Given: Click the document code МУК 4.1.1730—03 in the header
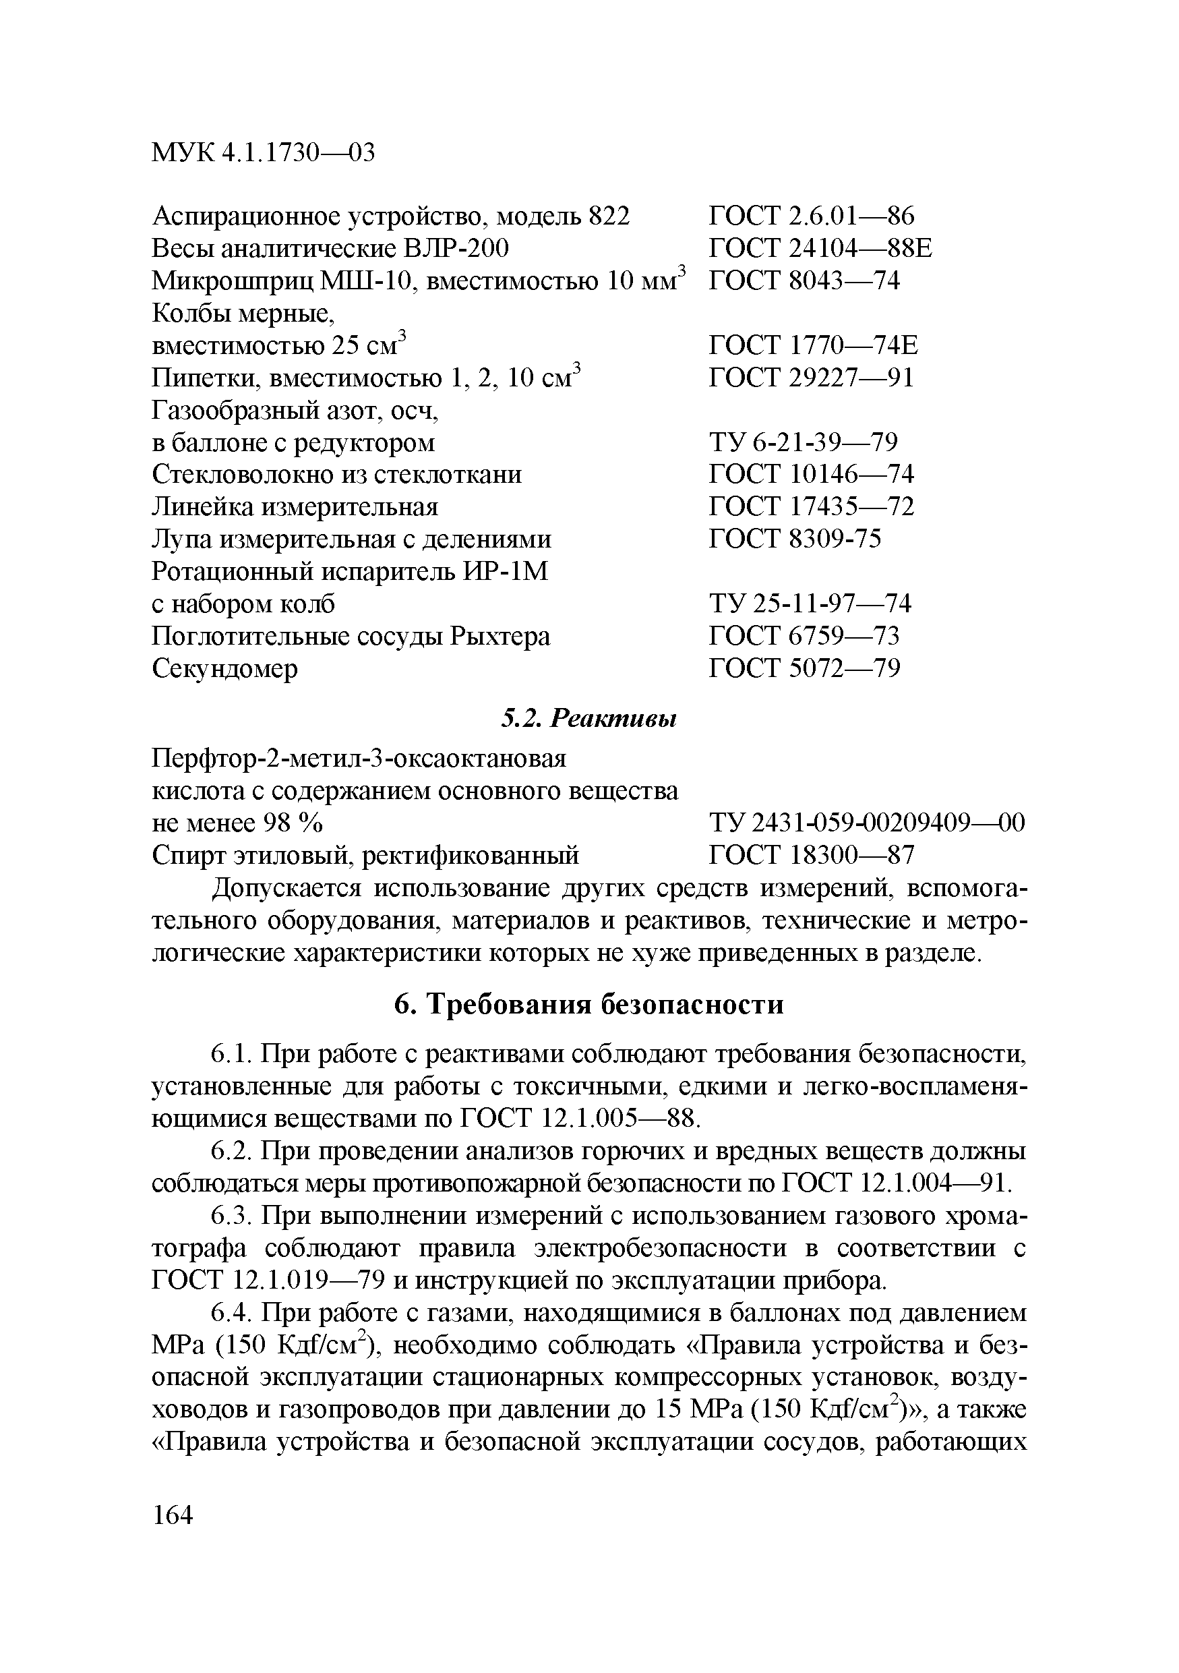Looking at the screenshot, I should point(263,153).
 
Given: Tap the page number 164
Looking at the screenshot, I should point(173,1515).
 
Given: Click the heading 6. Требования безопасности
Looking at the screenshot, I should point(588,1004).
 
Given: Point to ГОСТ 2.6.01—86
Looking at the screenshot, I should point(811,216).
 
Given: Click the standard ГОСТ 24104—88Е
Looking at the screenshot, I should point(820,248).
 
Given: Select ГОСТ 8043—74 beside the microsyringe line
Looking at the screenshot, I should point(804,281).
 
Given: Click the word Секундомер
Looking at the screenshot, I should point(225,668).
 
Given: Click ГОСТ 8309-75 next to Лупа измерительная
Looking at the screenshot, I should point(795,539).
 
